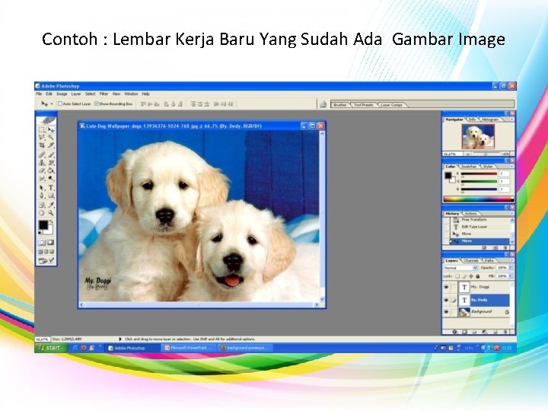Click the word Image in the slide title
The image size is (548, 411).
coord(479,39)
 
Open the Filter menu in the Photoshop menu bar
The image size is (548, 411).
coord(104,94)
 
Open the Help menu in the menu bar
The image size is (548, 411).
coord(145,94)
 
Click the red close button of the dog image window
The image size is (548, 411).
coord(321,126)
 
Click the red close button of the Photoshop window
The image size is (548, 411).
coord(512,86)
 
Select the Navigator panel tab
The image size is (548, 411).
coord(454,119)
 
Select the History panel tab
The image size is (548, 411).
coord(453,213)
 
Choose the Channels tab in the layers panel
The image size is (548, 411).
coord(472,260)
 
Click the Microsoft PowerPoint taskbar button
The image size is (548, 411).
coord(188,348)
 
